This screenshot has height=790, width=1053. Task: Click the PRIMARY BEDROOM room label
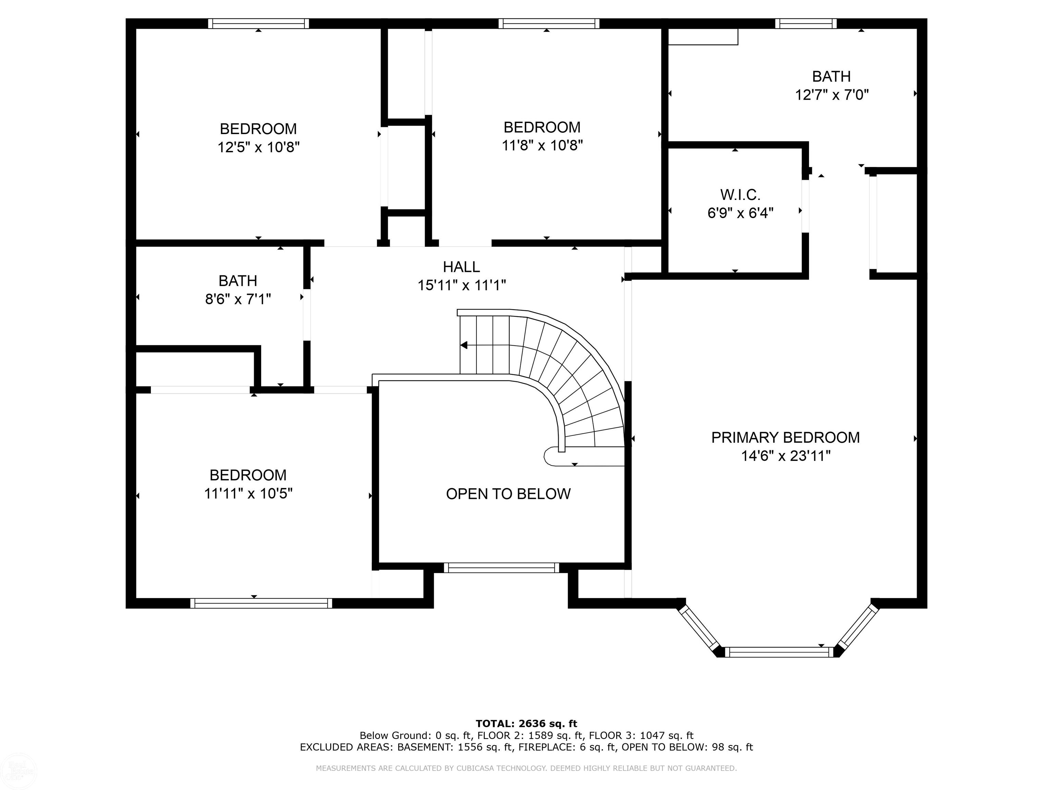(x=786, y=438)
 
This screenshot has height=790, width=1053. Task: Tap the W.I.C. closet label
(x=740, y=195)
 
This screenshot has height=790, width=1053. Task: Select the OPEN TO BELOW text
(x=508, y=494)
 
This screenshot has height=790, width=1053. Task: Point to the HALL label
(x=461, y=267)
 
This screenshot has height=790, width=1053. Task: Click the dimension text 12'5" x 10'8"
(x=258, y=147)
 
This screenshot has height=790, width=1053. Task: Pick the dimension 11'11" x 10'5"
(x=248, y=493)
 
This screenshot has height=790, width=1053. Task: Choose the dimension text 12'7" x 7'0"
(x=832, y=95)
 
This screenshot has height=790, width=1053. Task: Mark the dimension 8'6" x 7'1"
(x=238, y=299)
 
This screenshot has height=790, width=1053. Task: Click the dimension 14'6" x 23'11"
(x=786, y=456)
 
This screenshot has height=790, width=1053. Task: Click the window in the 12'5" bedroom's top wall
(x=258, y=23)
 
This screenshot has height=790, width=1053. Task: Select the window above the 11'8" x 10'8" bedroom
(x=549, y=23)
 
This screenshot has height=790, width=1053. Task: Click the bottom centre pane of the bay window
(x=781, y=652)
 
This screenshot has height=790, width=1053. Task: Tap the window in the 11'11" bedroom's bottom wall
(x=261, y=603)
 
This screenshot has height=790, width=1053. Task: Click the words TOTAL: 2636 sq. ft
(x=526, y=724)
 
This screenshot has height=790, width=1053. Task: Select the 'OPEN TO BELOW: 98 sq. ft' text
(x=687, y=747)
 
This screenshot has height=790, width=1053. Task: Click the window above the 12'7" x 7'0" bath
(x=806, y=23)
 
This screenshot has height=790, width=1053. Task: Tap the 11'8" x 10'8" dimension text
(x=542, y=145)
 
